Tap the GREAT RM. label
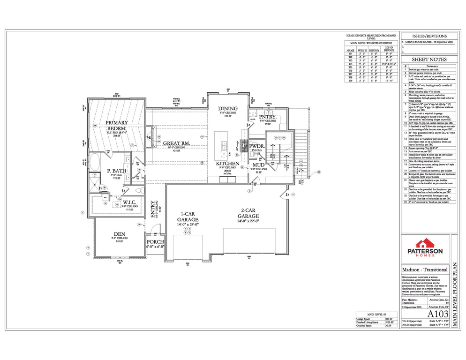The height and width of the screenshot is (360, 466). click(176, 143)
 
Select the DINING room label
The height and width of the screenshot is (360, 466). click(227, 109)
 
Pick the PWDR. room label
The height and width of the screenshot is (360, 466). click(257, 146)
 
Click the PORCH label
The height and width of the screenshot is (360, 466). click(155, 242)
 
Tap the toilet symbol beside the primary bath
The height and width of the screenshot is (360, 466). click(139, 191)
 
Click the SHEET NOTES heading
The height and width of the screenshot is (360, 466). click(429, 60)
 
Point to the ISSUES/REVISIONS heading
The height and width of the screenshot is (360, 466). click(429, 36)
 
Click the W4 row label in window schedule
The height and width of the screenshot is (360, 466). click(350, 63)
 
